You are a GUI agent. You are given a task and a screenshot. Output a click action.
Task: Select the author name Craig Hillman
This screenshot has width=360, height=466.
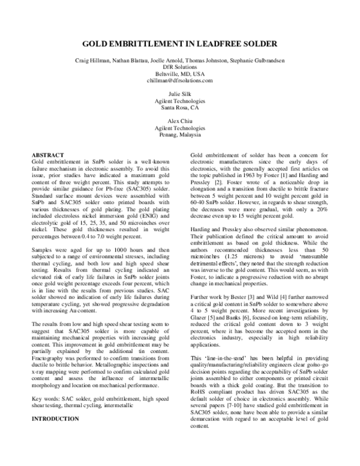coord(91,61)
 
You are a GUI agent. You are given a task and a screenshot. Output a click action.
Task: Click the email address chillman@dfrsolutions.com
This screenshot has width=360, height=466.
coord(180,80)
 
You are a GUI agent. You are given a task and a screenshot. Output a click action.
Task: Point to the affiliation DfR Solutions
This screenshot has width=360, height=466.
coord(180,67)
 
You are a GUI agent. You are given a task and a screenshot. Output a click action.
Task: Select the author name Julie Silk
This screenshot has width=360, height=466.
coord(180,94)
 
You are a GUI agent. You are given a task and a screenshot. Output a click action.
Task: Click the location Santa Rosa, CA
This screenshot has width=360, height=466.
coord(180,107)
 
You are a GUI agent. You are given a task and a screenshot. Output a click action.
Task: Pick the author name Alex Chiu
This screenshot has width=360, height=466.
coord(180,121)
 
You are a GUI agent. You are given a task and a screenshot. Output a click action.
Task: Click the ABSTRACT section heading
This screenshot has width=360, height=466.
coord(48,155)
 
